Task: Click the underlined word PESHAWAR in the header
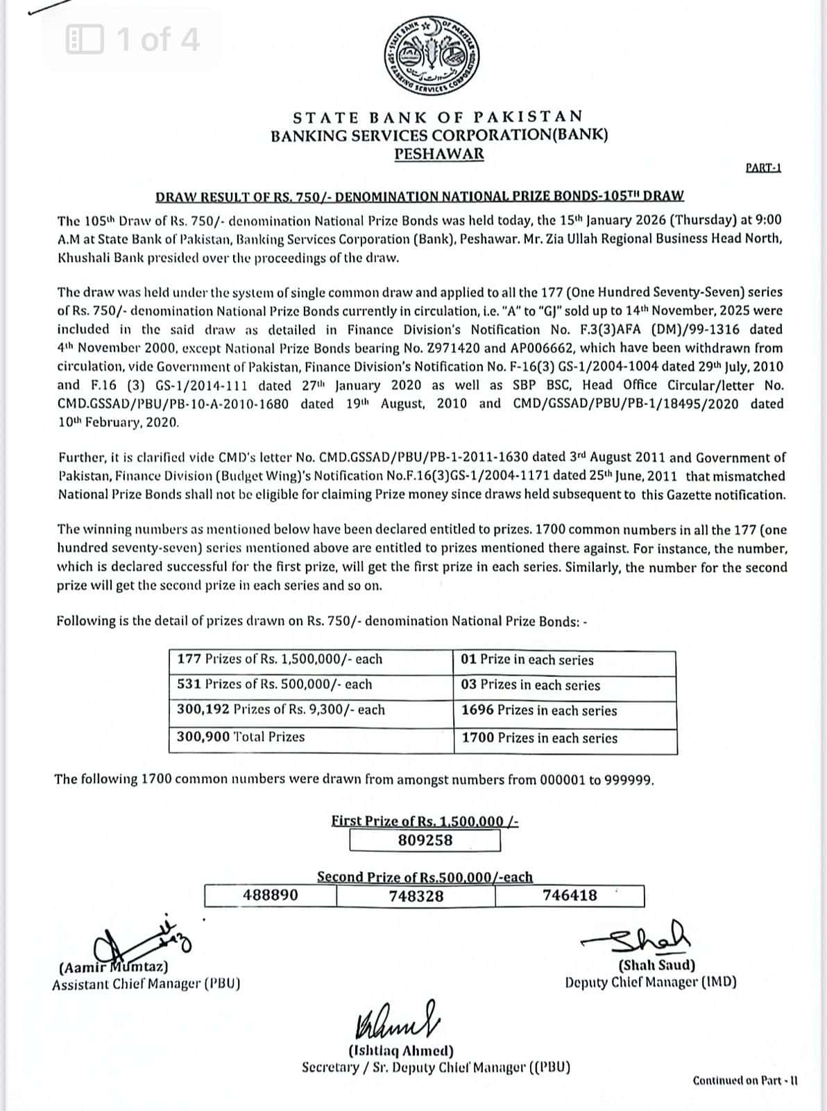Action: pos(439,154)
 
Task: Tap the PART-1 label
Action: pos(763,167)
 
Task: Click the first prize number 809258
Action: pos(425,840)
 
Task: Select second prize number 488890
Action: pos(271,895)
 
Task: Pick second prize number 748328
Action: pos(416,896)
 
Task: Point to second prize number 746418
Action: pos(570,895)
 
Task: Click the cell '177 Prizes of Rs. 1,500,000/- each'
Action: pos(280,660)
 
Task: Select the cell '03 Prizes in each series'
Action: pos(531,685)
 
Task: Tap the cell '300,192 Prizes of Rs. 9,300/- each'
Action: pos(281,710)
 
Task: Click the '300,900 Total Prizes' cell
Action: pos(241,737)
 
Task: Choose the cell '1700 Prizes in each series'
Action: pos(540,739)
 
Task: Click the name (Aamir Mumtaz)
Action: pos(114,967)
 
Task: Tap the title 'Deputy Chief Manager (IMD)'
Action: pos(651,983)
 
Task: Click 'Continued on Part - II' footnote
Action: pos(745,1081)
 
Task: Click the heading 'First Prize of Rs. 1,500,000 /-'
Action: pos(425,821)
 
